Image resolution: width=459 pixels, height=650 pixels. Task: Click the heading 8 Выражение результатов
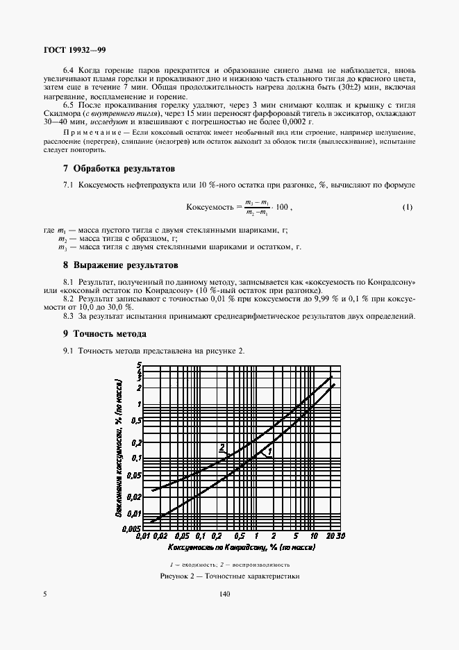tap(120, 265)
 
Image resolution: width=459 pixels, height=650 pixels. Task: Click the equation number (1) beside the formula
tap(408, 207)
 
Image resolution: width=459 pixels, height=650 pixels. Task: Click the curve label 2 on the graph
tap(222, 447)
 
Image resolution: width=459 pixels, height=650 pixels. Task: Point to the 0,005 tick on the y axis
tap(132, 529)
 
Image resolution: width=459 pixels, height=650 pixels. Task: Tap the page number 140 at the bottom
tap(224, 594)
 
